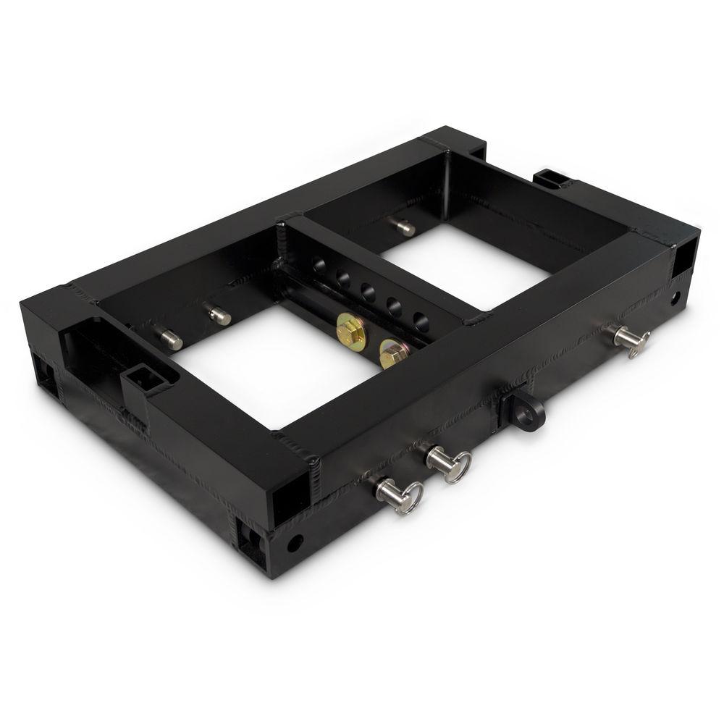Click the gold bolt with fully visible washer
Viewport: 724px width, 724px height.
(x=350, y=332)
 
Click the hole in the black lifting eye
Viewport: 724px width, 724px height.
(x=535, y=412)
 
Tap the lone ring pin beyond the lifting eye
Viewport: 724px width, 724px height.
(x=628, y=338)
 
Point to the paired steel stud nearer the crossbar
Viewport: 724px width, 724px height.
(x=219, y=315)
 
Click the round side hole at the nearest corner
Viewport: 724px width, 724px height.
(x=294, y=542)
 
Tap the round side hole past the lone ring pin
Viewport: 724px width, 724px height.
(x=675, y=296)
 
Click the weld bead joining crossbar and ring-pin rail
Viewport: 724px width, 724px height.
(x=474, y=319)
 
